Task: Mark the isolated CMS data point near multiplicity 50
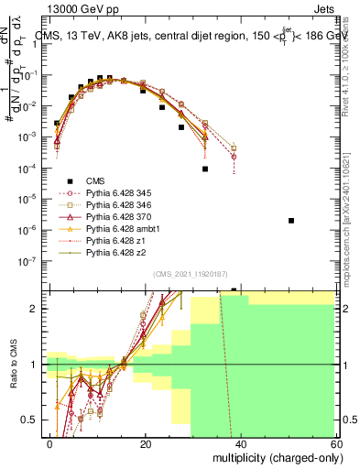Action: (290, 221)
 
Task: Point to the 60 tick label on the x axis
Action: (337, 443)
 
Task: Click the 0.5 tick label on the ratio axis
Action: (31, 420)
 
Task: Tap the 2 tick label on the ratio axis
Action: (38, 309)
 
